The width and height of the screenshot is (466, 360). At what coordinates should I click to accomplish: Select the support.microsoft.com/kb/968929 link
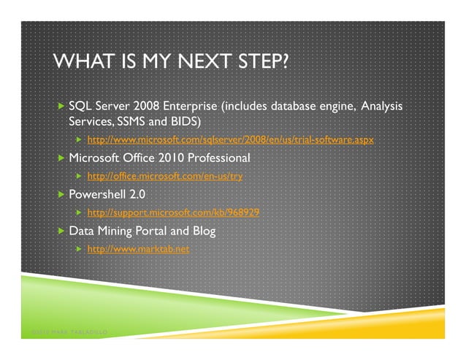tap(173, 212)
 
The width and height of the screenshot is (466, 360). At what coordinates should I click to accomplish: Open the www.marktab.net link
tap(138, 249)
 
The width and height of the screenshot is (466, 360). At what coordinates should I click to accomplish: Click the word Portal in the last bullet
tap(148, 231)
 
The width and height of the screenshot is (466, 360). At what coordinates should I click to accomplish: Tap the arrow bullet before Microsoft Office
tap(61, 158)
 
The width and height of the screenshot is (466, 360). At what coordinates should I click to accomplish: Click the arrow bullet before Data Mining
tap(61, 231)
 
